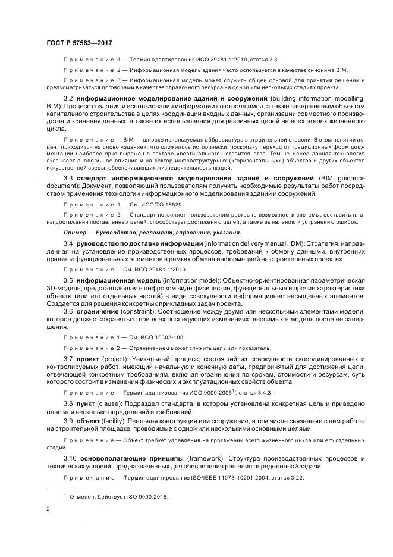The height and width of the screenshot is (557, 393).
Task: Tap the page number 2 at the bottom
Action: pos(48,509)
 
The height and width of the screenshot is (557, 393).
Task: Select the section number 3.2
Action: pos(68,97)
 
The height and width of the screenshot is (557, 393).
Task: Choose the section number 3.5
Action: pos(68,280)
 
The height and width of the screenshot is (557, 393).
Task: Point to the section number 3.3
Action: pos(68,177)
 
